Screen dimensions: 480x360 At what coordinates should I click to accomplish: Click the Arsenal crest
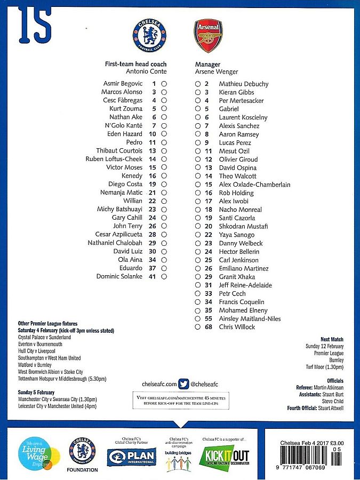coord(208,35)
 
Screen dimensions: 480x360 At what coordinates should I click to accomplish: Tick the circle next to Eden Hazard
coord(164,134)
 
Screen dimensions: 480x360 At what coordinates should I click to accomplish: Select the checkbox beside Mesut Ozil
coord(198,151)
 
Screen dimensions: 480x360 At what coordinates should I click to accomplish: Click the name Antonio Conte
coord(146,71)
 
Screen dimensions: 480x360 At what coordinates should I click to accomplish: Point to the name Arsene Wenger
coord(217,71)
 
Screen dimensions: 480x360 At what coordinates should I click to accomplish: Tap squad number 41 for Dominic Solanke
coord(153,276)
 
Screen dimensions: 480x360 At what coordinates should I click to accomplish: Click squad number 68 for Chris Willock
coord(208,327)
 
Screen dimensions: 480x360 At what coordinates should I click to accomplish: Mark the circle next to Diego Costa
coord(164,185)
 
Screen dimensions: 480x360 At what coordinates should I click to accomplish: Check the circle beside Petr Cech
coord(198,294)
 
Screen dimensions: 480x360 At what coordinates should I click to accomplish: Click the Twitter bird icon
coord(183,383)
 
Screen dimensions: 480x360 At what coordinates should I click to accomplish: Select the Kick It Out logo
coord(224,457)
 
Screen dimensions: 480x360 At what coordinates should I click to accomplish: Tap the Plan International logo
coord(131,457)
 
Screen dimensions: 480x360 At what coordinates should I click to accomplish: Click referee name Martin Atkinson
coord(329,387)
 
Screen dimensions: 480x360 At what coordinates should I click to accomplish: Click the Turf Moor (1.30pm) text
coord(325,367)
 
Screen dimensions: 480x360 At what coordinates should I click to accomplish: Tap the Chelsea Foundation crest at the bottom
coord(83,451)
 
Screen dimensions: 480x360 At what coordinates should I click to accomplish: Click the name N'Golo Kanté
coord(124,125)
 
